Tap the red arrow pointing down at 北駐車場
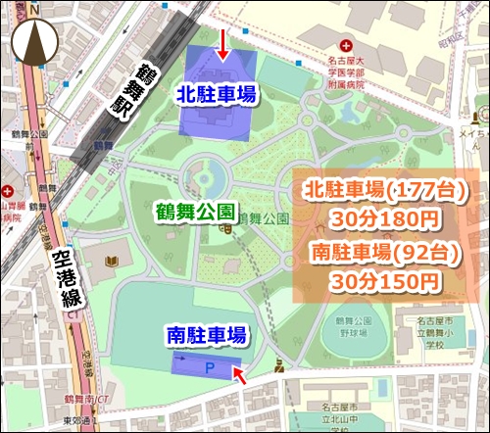pos(222,44)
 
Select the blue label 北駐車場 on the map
pos(217,94)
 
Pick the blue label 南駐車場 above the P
pos(204,334)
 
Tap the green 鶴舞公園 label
pos(194,211)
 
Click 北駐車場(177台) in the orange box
pos(385,188)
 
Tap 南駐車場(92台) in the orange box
pos(385,254)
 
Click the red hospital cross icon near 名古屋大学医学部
pos(344,46)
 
